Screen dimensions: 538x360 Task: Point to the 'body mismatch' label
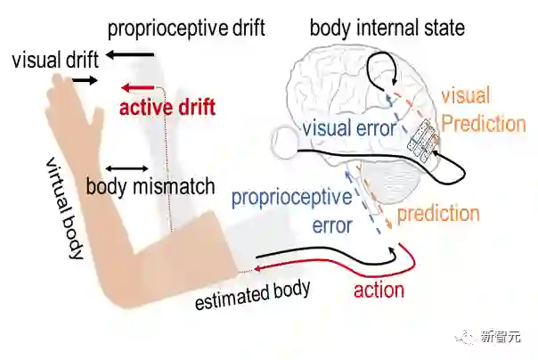pos(151,187)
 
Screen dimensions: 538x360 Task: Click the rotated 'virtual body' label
pos(64,210)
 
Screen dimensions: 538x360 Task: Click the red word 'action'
pos(379,290)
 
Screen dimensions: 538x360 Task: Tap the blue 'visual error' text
pos(348,128)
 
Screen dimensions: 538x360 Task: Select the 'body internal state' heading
pos(387,28)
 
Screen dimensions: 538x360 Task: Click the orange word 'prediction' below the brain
pos(437,214)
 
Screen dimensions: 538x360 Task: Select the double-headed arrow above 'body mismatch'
pos(126,168)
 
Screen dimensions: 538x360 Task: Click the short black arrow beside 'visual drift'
pos(86,80)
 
